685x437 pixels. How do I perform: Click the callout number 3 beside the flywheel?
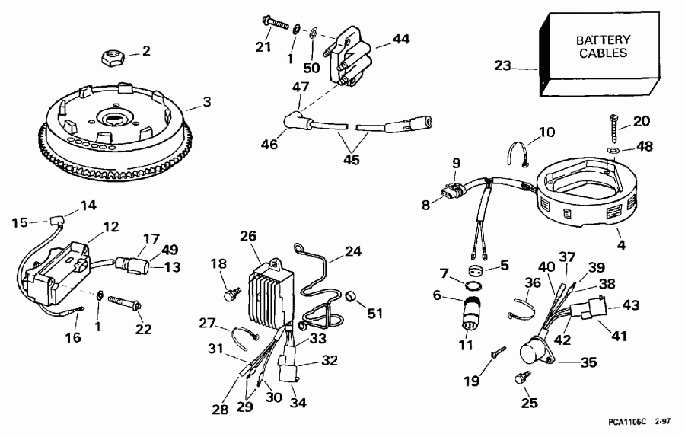click(x=206, y=101)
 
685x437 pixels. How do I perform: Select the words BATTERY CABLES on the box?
click(x=601, y=46)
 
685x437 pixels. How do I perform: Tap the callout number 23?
click(x=502, y=66)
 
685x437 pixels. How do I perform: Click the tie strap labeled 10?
click(x=519, y=153)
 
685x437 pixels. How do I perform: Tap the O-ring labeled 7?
click(x=472, y=287)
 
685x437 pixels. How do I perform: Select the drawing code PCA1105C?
click(x=629, y=419)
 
